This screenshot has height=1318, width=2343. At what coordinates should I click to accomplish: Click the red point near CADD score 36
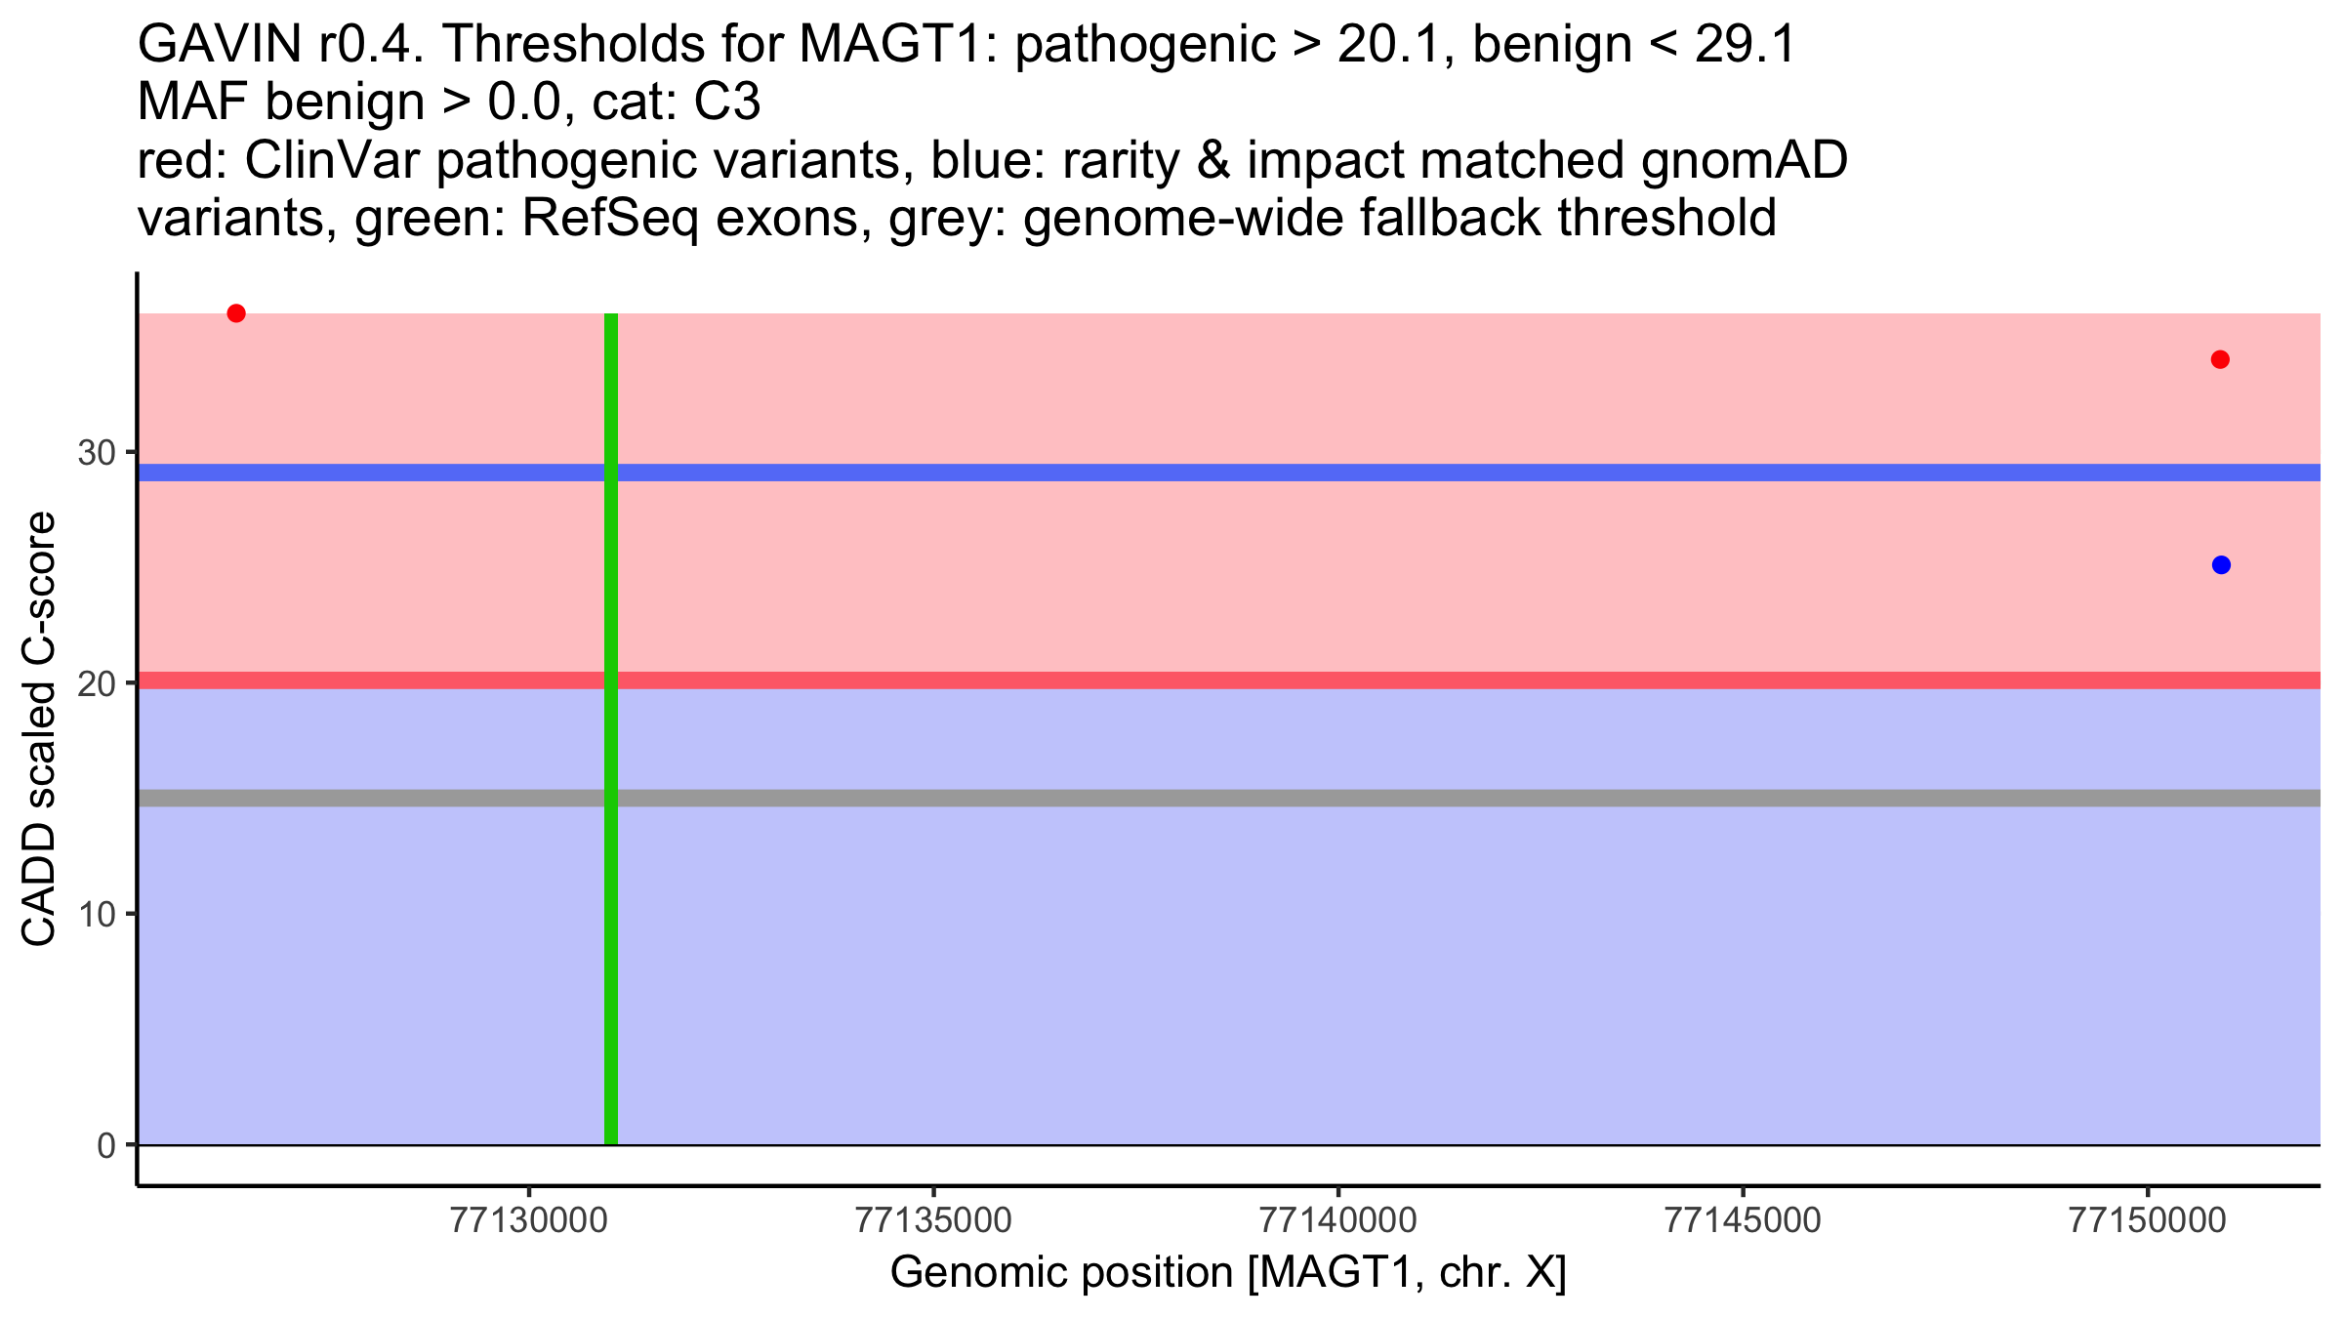(x=236, y=313)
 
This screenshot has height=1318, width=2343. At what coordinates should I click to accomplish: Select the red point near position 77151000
(x=2220, y=360)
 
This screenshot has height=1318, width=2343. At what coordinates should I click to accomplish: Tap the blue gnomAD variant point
(x=2221, y=565)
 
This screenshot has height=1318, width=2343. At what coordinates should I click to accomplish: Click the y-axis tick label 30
(x=96, y=453)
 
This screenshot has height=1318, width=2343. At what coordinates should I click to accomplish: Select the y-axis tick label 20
(x=96, y=683)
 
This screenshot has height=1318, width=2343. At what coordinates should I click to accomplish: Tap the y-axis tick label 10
(x=96, y=915)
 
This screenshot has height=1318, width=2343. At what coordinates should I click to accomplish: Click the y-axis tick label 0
(x=105, y=1145)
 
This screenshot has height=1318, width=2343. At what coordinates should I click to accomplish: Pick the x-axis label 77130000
(x=528, y=1221)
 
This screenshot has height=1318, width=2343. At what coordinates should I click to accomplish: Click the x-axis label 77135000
(x=933, y=1221)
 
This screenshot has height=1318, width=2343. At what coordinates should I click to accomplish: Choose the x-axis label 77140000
(x=1338, y=1221)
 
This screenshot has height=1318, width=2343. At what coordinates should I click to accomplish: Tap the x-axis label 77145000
(x=1743, y=1221)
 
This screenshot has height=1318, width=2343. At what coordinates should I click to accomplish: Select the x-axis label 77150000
(x=2148, y=1221)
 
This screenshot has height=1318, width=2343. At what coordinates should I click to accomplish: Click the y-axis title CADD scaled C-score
(x=39, y=730)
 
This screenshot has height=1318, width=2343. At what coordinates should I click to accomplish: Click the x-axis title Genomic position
(x=1228, y=1273)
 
